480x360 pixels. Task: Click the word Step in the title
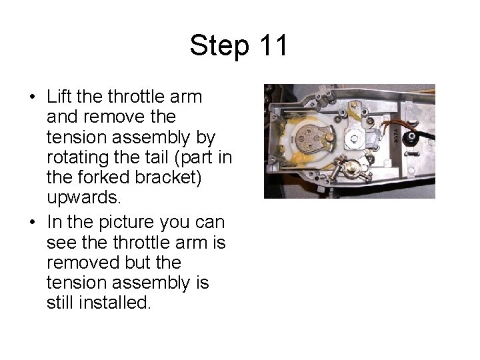219,46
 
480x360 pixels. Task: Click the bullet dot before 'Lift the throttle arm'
33,97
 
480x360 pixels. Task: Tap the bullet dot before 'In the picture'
33,222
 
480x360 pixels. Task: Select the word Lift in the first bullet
59,97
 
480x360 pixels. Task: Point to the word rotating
78,157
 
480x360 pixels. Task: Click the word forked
104,177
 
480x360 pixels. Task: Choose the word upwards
83,198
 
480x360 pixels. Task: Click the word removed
83,263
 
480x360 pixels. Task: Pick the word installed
115,303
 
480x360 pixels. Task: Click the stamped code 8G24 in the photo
396,135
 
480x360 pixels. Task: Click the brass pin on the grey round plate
329,137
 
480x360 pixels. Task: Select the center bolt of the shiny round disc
355,139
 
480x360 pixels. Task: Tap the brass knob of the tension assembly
352,168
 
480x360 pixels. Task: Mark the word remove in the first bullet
129,117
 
